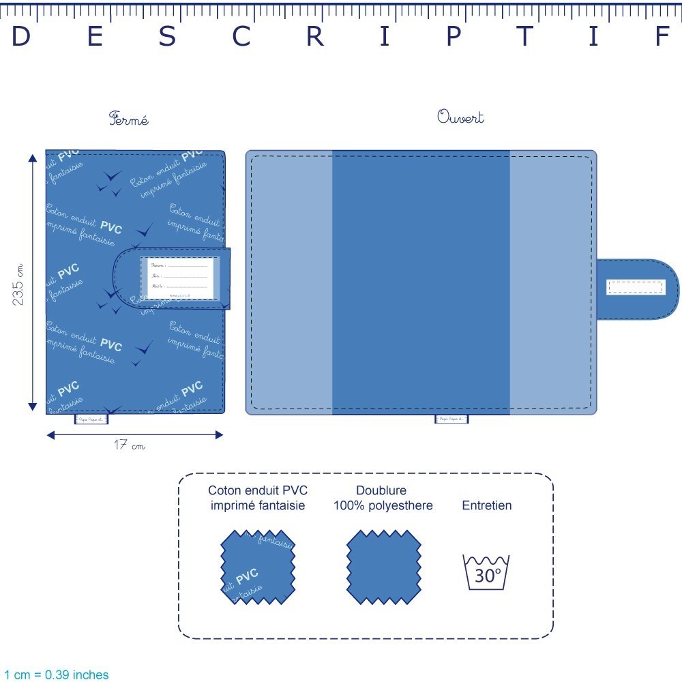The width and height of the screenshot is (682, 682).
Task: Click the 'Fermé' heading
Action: pos(128,119)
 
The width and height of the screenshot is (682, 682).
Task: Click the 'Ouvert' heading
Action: pos(460,117)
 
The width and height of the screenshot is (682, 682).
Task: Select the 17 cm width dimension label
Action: pos(129,446)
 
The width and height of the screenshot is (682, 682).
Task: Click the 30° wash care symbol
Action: pos(486,572)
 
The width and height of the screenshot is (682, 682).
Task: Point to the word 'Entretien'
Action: pos(486,505)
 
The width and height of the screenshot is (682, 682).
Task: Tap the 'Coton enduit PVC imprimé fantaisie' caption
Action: pos(257,498)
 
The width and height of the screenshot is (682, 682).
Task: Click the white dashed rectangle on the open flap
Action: pos(635,287)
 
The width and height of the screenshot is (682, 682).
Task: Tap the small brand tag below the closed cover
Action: pos(88,419)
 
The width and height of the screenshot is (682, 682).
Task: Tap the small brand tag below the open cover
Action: pos(451,419)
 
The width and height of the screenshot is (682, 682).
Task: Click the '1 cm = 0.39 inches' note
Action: pos(56,674)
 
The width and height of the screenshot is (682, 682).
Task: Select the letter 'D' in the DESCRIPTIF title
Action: pos(21,37)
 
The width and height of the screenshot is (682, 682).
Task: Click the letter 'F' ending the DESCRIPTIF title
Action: pos(662,37)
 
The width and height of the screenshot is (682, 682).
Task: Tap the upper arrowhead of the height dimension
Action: pos(32,158)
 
